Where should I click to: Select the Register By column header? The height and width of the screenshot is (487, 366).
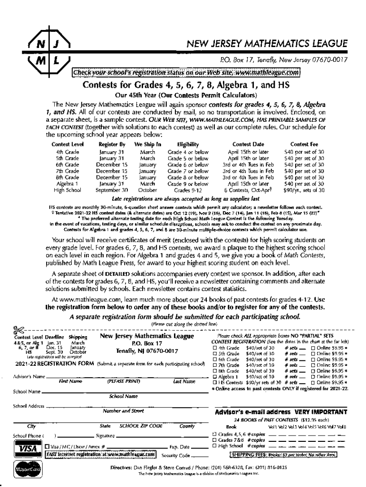click(x=112, y=143)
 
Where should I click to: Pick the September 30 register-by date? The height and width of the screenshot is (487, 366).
click(x=112, y=190)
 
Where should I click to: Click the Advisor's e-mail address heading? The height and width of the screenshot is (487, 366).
click(x=281, y=412)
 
